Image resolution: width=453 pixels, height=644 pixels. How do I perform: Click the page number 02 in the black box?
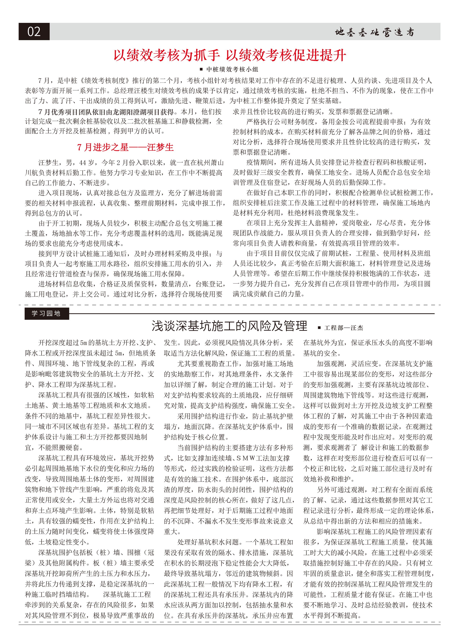34,31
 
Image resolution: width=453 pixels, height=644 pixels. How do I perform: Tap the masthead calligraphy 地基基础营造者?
374,32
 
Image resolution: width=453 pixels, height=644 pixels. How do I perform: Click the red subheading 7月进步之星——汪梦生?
125,147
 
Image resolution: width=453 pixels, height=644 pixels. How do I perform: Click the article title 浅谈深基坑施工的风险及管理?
229,326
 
